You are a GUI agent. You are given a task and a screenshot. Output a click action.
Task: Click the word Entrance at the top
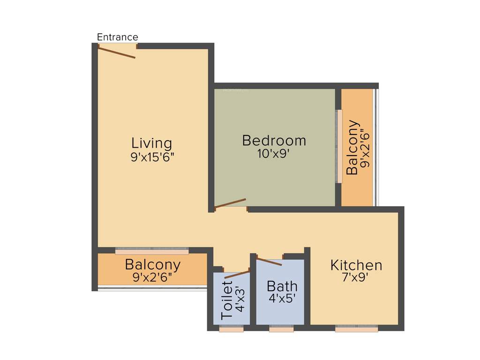[x=117, y=37]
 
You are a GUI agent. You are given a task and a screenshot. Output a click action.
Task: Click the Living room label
[x=151, y=143]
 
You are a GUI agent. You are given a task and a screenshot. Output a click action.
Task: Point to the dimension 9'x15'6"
[x=152, y=157]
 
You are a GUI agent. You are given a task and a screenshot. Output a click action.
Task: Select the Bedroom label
[x=274, y=140]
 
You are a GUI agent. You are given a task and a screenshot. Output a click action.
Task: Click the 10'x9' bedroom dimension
[x=274, y=153]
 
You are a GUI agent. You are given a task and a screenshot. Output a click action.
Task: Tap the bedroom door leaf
[x=230, y=203]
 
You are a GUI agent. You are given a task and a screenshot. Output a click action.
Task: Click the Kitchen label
[x=356, y=265]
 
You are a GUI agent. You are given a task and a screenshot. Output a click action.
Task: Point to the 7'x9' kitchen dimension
[x=356, y=277]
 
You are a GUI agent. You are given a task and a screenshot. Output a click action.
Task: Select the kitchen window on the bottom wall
[x=356, y=329]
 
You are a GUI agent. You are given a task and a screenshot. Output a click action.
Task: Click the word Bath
[x=282, y=286]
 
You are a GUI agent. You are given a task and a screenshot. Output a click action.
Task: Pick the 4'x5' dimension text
[x=282, y=299]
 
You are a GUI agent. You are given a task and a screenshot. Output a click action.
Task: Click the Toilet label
[x=227, y=300]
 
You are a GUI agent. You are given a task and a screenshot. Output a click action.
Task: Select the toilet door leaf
[x=237, y=274]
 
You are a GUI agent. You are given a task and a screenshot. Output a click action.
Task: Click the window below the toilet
[x=231, y=330]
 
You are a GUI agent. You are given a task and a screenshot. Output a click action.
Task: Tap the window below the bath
[x=281, y=330]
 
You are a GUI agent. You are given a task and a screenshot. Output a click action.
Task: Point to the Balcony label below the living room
[x=152, y=264]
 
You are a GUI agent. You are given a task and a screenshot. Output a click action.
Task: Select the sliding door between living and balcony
[x=152, y=251]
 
